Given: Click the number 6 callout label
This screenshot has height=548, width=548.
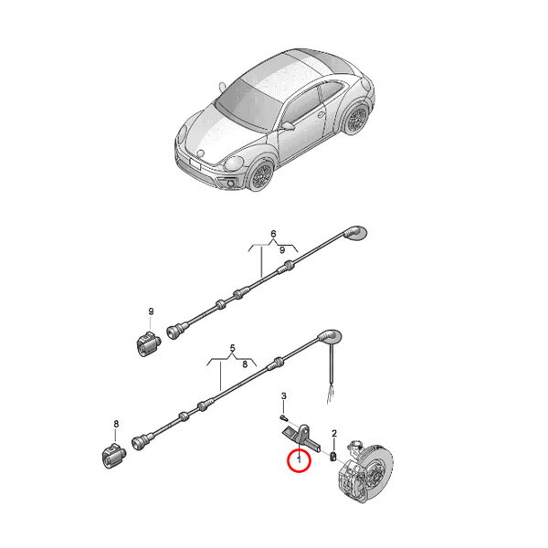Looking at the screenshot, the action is pos(273,234).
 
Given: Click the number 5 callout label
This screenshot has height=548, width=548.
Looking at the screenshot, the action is pos(233,348).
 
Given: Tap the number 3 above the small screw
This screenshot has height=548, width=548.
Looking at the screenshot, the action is pos(284,396).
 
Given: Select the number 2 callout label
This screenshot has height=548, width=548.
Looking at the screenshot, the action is pos(334,434).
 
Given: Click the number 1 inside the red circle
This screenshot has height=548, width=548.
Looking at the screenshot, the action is pos(299,458).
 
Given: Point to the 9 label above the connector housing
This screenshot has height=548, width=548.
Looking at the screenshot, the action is pos(151,311).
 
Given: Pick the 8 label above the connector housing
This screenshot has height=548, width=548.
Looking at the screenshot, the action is pos(116,424).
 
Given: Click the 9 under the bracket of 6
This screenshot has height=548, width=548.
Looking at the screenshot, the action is pos(282,250).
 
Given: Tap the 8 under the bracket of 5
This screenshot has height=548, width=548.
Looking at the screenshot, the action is pos(245,364).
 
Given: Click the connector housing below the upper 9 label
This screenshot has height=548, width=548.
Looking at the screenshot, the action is pos(147,343).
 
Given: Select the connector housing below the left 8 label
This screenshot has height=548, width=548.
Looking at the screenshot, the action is pos(113,456).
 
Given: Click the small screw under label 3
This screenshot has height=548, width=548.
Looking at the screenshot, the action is pos(283,417).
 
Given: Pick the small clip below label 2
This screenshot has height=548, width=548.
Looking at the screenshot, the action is pos(333,456).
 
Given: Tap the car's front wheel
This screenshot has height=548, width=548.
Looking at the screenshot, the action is pos(261,175).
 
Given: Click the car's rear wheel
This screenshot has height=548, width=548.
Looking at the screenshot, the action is pos(356,119).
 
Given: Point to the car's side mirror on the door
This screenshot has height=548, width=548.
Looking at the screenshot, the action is pos(288,126).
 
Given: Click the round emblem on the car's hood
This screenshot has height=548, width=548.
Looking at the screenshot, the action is pos(201,153).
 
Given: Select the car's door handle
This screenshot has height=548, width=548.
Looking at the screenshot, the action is pos(321,114).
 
